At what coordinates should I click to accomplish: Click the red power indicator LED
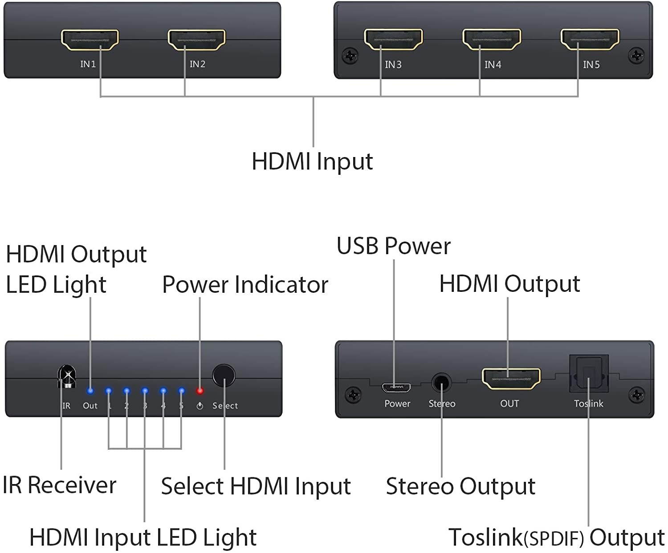click(200, 391)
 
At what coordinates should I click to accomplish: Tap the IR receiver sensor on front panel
click(67, 376)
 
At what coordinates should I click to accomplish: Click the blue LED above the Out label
click(90, 392)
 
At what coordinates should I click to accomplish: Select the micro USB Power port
click(396, 387)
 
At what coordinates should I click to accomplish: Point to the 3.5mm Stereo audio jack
click(441, 382)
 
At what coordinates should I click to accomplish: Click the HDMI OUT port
click(511, 378)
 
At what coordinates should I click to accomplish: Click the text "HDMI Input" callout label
click(312, 161)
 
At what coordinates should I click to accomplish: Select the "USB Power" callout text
click(393, 246)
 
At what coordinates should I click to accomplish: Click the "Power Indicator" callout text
click(245, 285)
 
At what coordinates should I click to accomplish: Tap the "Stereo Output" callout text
click(460, 486)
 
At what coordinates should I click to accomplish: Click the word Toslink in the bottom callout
click(485, 537)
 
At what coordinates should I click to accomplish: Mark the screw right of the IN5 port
click(636, 56)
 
